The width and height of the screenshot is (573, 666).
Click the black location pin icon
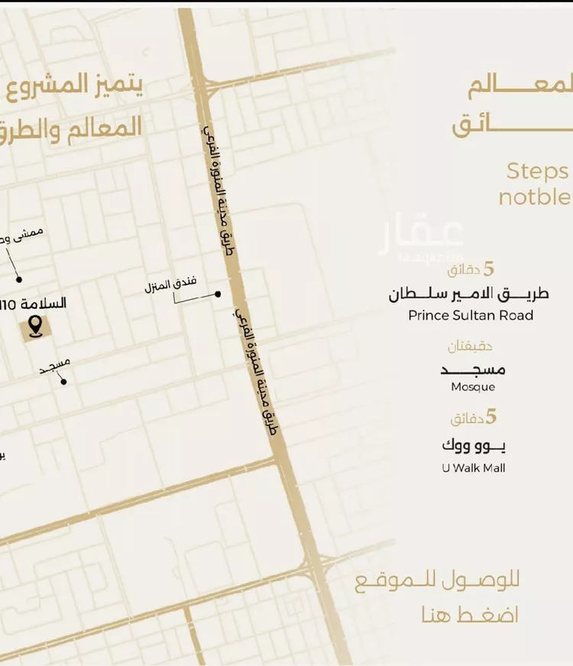(34, 328)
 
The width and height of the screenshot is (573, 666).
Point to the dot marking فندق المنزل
(218, 294)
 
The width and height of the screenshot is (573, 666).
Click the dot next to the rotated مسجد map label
(63, 381)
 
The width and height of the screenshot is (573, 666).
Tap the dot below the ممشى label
(19, 279)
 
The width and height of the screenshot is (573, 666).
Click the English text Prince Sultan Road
(471, 315)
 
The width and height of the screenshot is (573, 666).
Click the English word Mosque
(473, 387)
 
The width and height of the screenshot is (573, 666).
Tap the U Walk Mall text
(473, 468)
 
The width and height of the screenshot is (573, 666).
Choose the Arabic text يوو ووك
(474, 445)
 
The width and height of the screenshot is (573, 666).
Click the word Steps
(537, 171)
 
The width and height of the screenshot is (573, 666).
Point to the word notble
(534, 197)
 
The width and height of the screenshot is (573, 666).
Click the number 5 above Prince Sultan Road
(490, 269)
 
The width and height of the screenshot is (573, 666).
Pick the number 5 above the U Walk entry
(491, 417)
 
